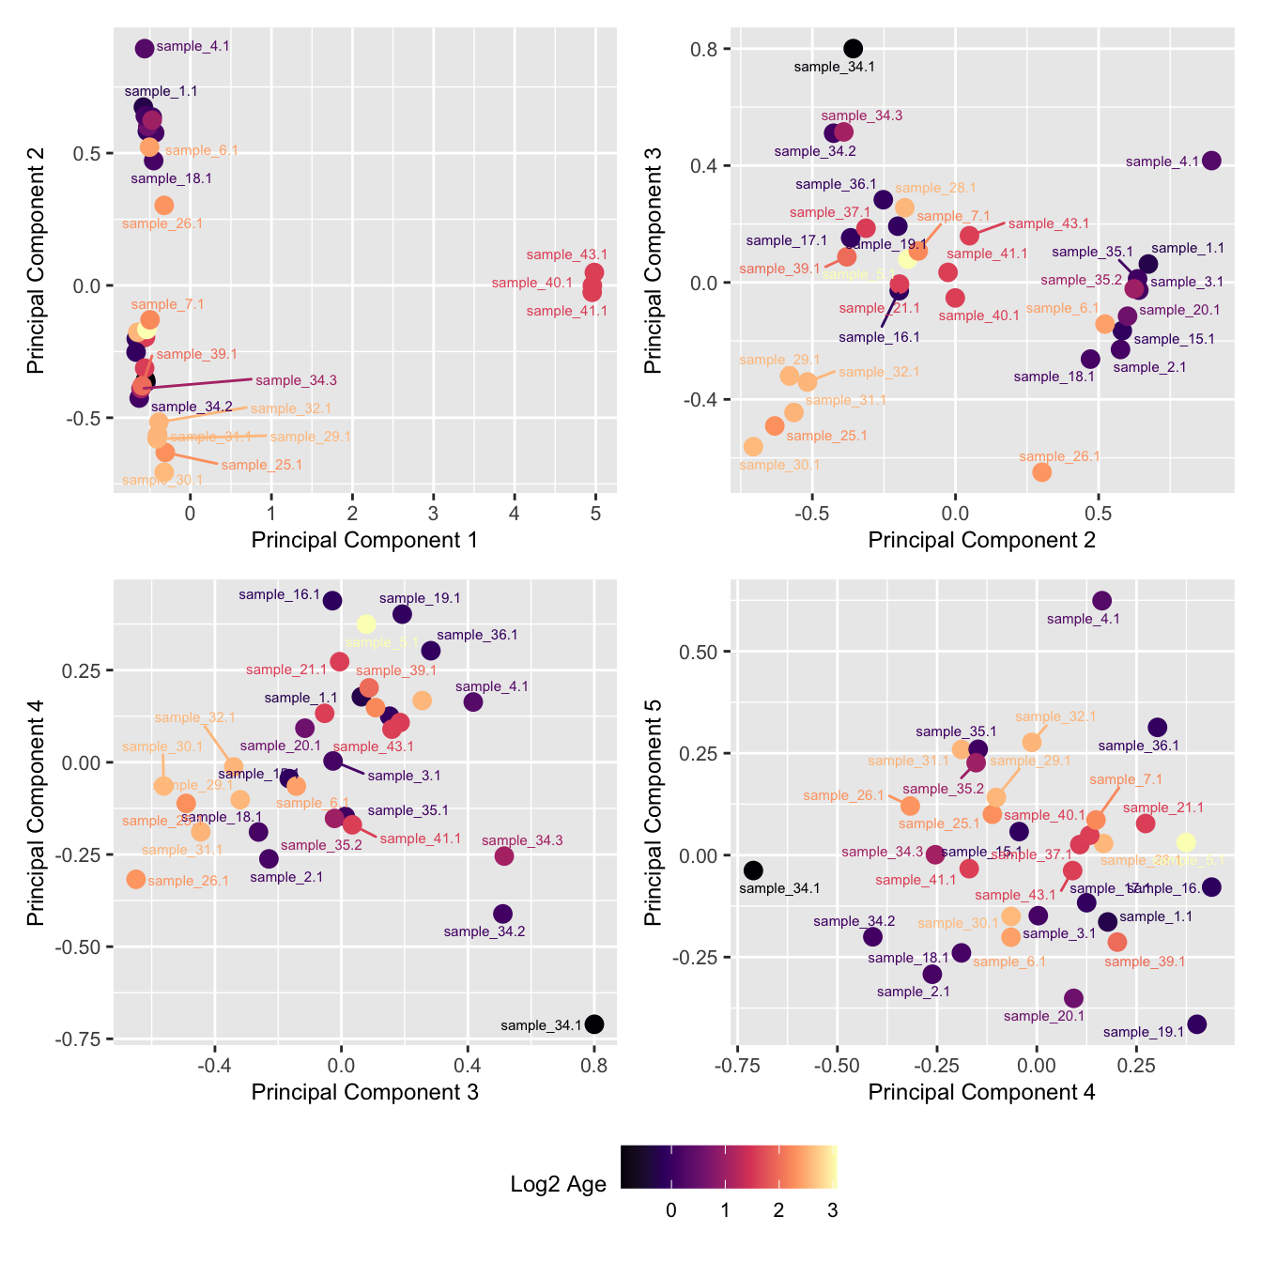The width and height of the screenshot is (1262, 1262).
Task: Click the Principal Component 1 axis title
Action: click(x=364, y=540)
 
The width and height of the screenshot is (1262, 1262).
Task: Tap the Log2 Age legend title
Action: click(x=558, y=1184)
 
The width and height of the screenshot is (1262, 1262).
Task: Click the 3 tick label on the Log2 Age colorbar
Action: click(x=832, y=1210)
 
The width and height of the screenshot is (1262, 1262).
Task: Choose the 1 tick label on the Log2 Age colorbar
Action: click(x=725, y=1210)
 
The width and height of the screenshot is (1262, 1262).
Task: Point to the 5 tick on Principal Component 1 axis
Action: click(x=595, y=514)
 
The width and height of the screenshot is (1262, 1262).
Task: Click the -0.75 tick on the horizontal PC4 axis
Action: click(x=738, y=1066)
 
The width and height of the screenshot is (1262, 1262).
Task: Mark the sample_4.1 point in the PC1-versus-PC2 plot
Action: click(x=145, y=49)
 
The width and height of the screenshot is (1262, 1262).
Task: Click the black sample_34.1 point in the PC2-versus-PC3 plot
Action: click(x=853, y=49)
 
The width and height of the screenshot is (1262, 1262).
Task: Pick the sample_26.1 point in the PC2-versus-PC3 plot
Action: click(x=1041, y=472)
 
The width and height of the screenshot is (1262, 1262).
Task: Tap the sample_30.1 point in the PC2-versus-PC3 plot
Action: click(x=753, y=447)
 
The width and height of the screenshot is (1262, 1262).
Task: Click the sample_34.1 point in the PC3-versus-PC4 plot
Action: click(x=594, y=1024)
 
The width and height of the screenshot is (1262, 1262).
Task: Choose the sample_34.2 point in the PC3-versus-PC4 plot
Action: click(x=502, y=914)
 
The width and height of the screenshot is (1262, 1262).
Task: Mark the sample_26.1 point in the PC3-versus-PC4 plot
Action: click(x=136, y=879)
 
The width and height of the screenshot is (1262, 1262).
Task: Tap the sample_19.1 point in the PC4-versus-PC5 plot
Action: click(x=1196, y=1024)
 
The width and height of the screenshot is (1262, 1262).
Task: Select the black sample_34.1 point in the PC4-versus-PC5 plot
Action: click(x=753, y=870)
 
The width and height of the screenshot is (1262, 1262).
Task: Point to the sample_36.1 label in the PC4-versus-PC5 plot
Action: click(x=1138, y=746)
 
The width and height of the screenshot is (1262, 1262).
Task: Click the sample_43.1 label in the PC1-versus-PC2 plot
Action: click(x=566, y=254)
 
